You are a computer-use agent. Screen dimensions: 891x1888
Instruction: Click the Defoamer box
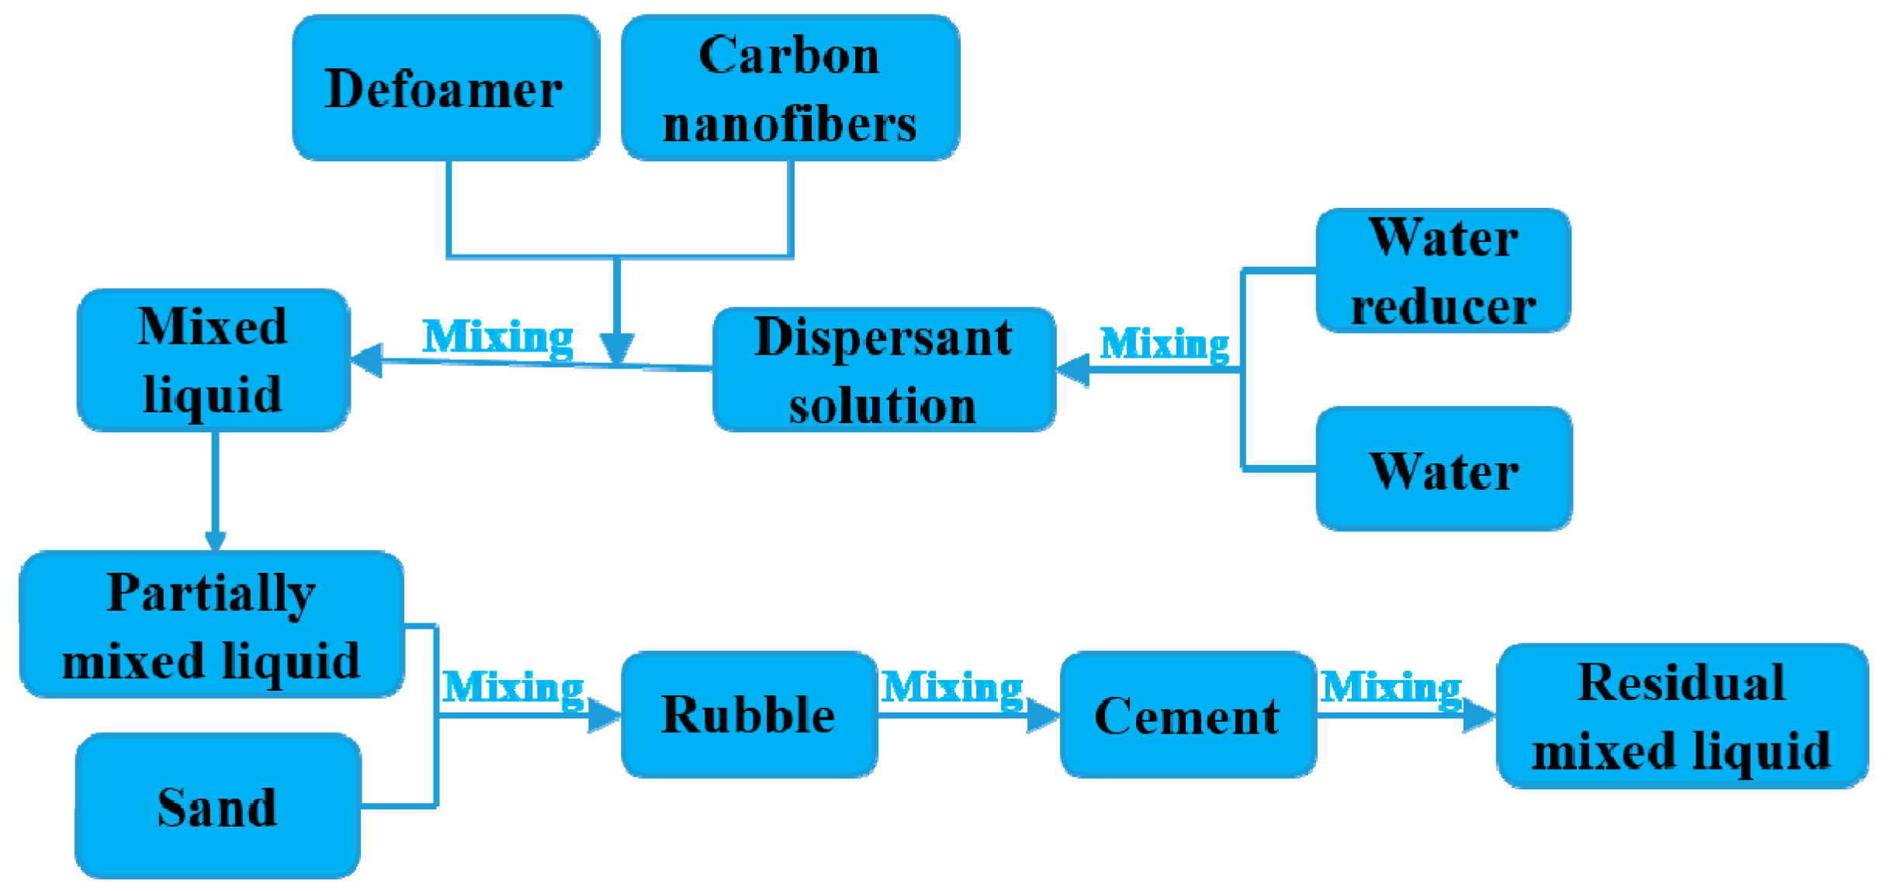(445, 88)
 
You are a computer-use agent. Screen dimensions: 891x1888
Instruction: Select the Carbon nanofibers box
(790, 88)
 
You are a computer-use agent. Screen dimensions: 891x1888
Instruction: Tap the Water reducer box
(1443, 271)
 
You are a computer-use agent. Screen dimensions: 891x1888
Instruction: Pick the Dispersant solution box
(883, 370)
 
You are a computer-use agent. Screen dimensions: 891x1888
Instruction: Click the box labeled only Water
(1444, 470)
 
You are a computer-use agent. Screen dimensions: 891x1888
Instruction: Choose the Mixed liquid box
(213, 360)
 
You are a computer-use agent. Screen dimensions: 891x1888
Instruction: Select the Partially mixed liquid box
(212, 626)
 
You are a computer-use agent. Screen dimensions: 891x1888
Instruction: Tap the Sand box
(218, 806)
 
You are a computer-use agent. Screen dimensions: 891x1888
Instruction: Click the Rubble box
(749, 715)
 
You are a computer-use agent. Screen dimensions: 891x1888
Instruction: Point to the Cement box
(1187, 715)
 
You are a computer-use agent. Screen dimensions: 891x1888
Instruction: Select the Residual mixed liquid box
(1682, 716)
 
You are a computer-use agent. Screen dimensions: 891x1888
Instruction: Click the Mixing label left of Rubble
(513, 688)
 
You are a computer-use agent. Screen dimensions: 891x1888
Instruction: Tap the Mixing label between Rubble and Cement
(953, 688)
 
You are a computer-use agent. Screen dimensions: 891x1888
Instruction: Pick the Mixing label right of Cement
(1391, 688)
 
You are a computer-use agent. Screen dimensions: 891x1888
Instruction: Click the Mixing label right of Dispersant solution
(1165, 343)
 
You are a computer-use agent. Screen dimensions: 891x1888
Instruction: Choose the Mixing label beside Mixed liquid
(498, 337)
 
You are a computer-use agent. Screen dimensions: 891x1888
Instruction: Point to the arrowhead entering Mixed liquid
(367, 360)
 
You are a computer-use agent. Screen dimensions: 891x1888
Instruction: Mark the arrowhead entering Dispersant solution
(1073, 369)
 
